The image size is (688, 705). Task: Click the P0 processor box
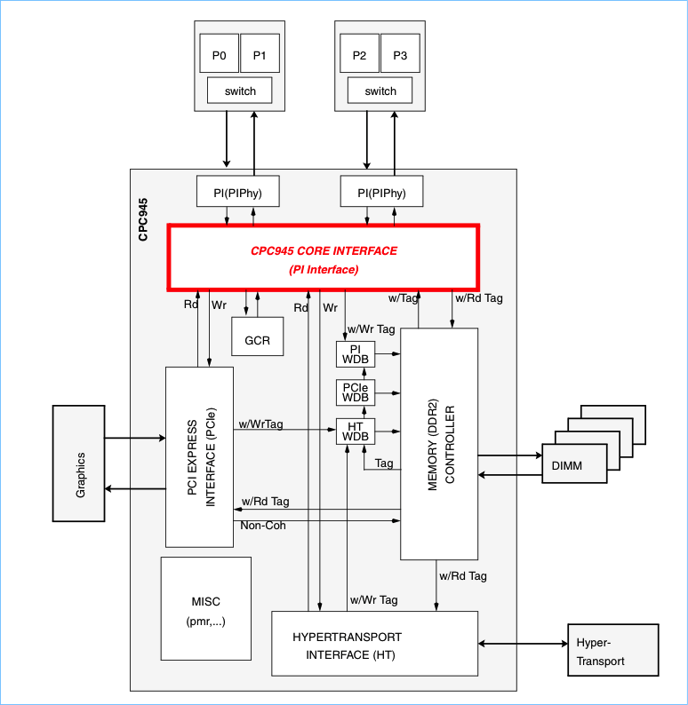(219, 55)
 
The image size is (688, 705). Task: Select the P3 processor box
(400, 55)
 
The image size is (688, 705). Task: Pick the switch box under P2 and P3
(380, 91)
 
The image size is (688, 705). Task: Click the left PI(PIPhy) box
(238, 192)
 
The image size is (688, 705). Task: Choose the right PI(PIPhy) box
(381, 192)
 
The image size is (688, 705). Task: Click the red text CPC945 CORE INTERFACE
(324, 251)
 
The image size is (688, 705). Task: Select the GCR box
(257, 341)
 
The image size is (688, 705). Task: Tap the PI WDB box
(355, 354)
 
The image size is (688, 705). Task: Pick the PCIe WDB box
(355, 392)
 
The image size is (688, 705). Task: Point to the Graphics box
(79, 463)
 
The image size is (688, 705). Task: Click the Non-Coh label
(263, 526)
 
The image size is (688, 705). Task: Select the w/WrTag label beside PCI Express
(261, 424)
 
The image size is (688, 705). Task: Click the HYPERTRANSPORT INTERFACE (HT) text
(347, 646)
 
